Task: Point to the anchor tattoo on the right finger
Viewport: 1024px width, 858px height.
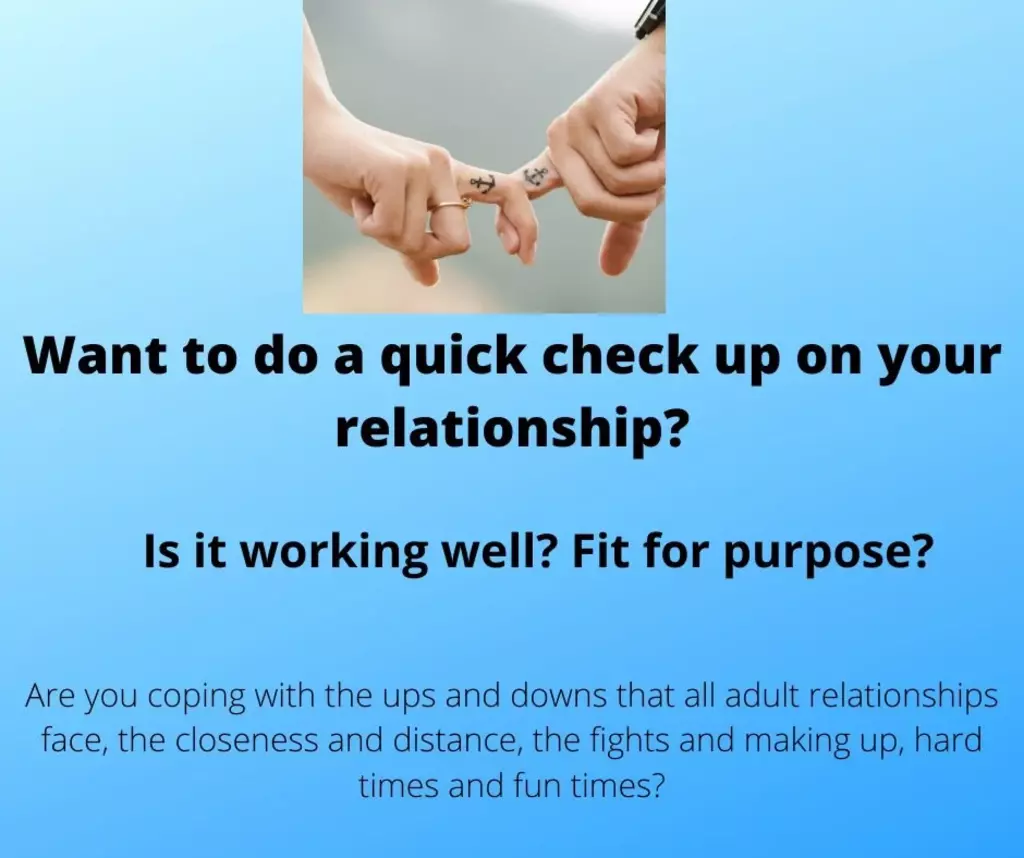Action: click(536, 175)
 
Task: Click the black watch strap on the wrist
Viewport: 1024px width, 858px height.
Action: click(650, 18)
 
